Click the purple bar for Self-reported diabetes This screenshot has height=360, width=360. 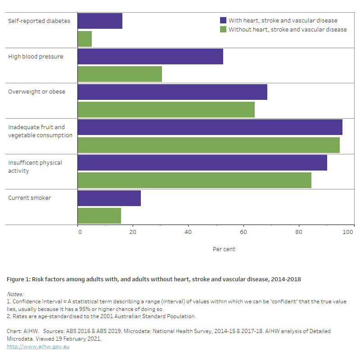pos(100,21)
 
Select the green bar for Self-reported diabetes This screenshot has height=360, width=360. pos(85,39)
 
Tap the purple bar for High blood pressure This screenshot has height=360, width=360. pos(150,56)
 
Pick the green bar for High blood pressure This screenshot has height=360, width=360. pos(120,74)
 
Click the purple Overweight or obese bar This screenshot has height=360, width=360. pos(172,92)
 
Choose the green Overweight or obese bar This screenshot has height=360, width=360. pos(166,109)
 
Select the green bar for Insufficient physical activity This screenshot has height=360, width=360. pos(194,180)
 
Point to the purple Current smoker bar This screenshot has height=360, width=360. pos(109,198)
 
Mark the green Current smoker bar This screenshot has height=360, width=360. pos(99,216)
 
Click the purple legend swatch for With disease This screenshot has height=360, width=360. pos(223,20)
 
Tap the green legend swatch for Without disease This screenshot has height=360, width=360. pos(223,29)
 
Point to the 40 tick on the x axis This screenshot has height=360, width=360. pos(188,232)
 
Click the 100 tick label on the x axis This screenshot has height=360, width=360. pos(348,232)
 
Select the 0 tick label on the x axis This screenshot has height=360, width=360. pos(80,232)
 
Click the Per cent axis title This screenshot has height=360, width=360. pos(224,249)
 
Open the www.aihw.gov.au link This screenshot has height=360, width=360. pos(38,346)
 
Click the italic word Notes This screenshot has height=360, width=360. pos(15,294)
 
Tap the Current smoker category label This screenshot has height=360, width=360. pos(29,198)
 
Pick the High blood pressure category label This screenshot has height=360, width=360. pos(36,56)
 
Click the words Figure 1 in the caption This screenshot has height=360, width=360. pos(18,279)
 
